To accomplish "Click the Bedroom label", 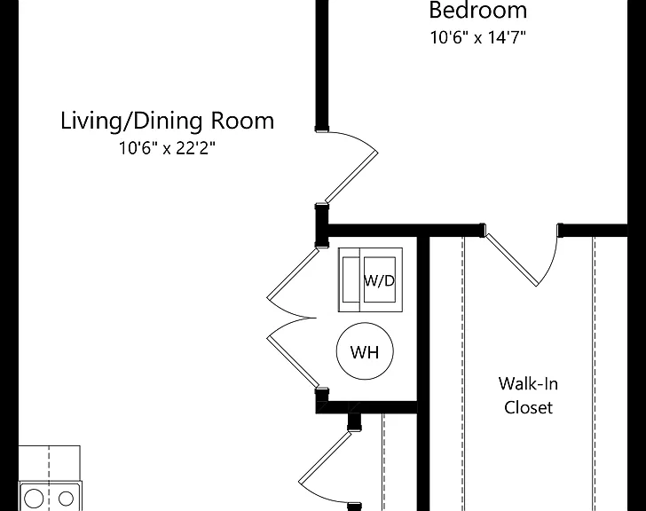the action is click(478, 11).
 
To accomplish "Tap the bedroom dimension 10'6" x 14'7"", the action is click(478, 37).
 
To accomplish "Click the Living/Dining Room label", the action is click(167, 122).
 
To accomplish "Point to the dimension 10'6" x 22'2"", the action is click(167, 148).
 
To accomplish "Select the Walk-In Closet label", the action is click(528, 396).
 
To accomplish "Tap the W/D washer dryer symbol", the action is click(370, 280).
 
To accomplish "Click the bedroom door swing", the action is click(351, 177).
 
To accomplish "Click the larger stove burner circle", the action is click(34, 499).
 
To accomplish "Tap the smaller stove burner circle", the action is click(66, 499).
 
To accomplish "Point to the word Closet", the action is click(529, 407).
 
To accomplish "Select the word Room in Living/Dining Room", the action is click(242, 121).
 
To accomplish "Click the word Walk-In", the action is click(528, 383).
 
